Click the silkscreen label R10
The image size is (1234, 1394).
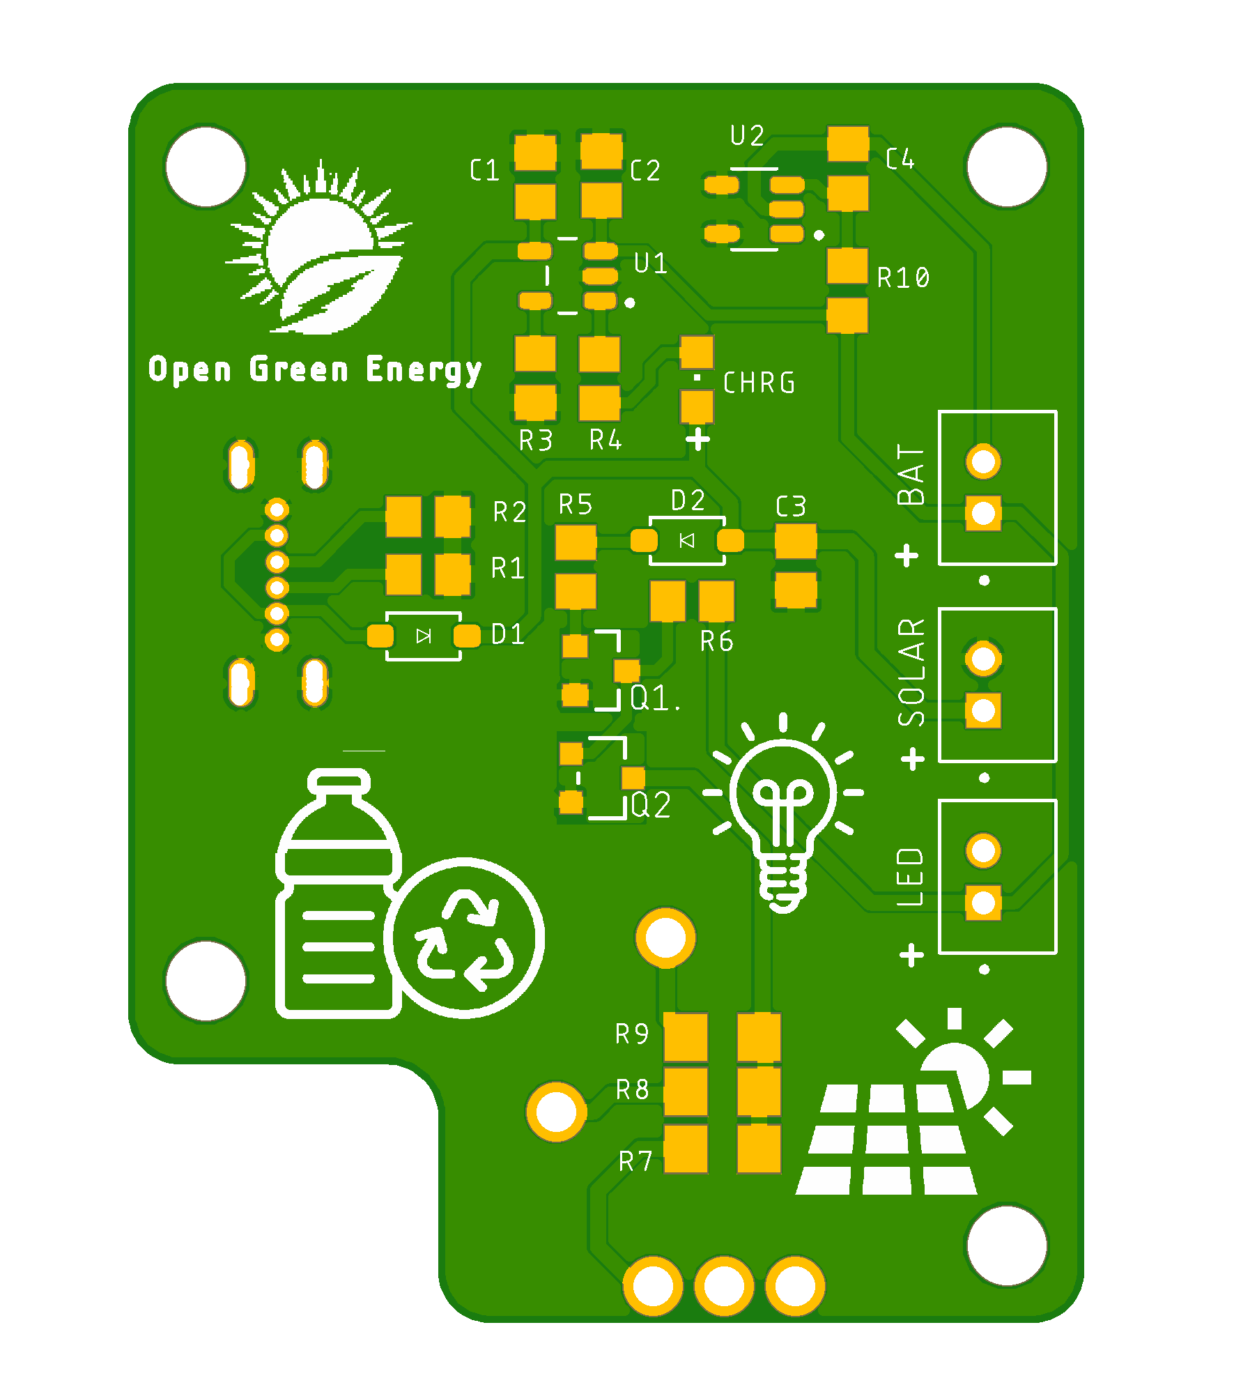pos(903,277)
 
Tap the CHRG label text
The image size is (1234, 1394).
pos(759,383)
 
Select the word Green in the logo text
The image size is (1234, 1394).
pos(299,369)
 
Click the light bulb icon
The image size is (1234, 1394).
pos(783,812)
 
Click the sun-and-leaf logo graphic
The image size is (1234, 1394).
pos(319,247)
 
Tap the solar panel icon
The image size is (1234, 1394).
pos(913,1101)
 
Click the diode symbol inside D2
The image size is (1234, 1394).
pos(687,540)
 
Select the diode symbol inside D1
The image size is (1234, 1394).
pos(424,636)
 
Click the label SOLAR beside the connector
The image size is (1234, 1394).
pos(911,673)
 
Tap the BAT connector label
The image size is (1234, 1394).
pos(911,475)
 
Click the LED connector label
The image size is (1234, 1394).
pos(911,877)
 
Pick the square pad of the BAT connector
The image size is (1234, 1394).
pos(983,514)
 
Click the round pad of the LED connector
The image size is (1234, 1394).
pos(983,850)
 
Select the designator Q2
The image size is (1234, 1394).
pos(651,805)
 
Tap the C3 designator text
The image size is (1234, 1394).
pos(792,506)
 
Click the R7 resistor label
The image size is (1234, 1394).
pos(635,1161)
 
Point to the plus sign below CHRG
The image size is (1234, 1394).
pos(697,439)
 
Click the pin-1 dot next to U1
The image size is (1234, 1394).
pos(630,302)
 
